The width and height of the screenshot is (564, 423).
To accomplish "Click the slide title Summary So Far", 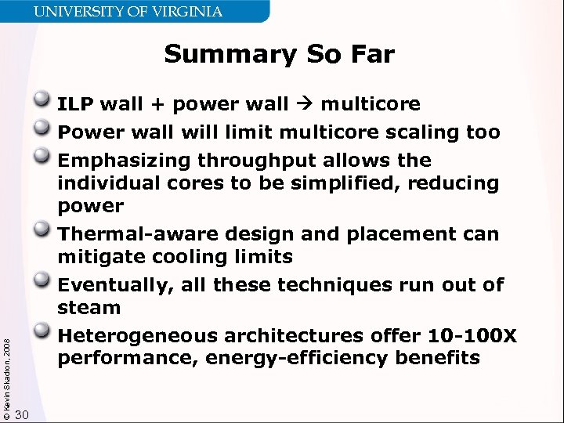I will [x=279, y=55].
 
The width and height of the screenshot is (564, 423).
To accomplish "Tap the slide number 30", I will [x=23, y=414].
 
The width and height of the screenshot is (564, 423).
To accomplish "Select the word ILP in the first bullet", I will [x=76, y=104].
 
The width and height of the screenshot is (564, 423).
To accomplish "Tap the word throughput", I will [x=263, y=161].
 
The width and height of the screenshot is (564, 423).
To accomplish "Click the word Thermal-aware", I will [x=137, y=234].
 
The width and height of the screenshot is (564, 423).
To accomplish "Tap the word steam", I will [x=89, y=308].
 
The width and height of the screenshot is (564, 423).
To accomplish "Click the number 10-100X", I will [x=472, y=336].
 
